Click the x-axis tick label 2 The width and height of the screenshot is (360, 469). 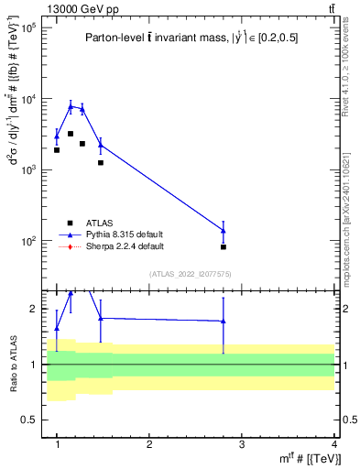tap(149, 444)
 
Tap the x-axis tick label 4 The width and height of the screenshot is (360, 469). tap(333, 444)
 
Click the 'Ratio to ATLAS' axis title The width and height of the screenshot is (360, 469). tap(13, 365)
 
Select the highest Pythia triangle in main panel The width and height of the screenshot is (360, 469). tap(71, 106)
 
